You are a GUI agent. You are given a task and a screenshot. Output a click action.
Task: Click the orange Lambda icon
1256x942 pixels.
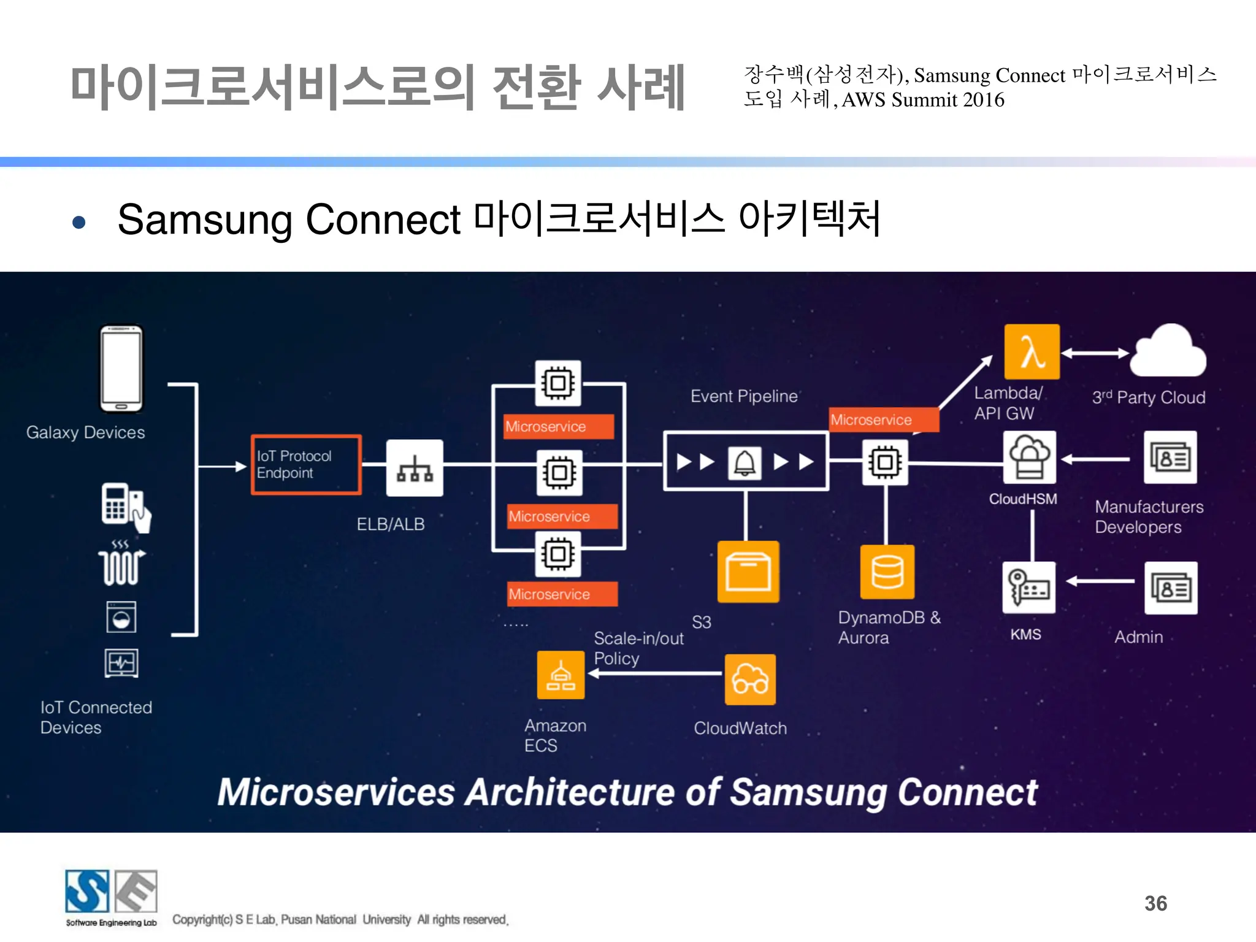click(x=1032, y=352)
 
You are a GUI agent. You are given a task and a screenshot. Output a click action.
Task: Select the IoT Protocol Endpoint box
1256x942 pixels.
click(x=306, y=465)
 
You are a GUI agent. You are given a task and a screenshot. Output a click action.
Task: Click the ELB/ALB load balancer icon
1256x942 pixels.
click(x=415, y=468)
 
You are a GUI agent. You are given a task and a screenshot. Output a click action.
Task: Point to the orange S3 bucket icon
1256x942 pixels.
click(x=748, y=572)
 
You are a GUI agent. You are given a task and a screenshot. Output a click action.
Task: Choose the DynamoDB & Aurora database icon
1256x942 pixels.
click(x=887, y=572)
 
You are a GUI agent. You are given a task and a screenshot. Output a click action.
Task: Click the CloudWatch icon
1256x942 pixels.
click(x=749, y=679)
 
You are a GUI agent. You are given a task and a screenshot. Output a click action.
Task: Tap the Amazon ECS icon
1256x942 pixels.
click(x=561, y=675)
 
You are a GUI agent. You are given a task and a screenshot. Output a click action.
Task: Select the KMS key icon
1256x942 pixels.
click(x=1028, y=588)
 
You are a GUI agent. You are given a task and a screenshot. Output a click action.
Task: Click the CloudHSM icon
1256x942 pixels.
click(x=1029, y=458)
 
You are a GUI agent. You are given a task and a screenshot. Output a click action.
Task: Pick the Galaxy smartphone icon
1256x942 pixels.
click(x=121, y=369)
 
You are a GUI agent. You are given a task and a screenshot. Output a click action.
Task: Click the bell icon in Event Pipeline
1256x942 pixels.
click(x=745, y=462)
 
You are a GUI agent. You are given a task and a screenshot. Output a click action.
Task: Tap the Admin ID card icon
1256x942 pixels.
click(x=1170, y=588)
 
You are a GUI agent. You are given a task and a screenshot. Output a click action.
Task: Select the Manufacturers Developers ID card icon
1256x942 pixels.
click(x=1170, y=458)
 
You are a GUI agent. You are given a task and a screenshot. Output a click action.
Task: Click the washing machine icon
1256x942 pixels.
click(x=121, y=616)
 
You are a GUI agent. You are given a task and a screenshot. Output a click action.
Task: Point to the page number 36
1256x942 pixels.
click(x=1155, y=903)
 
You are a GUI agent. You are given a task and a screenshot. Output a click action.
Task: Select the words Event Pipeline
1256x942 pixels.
click(x=743, y=396)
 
